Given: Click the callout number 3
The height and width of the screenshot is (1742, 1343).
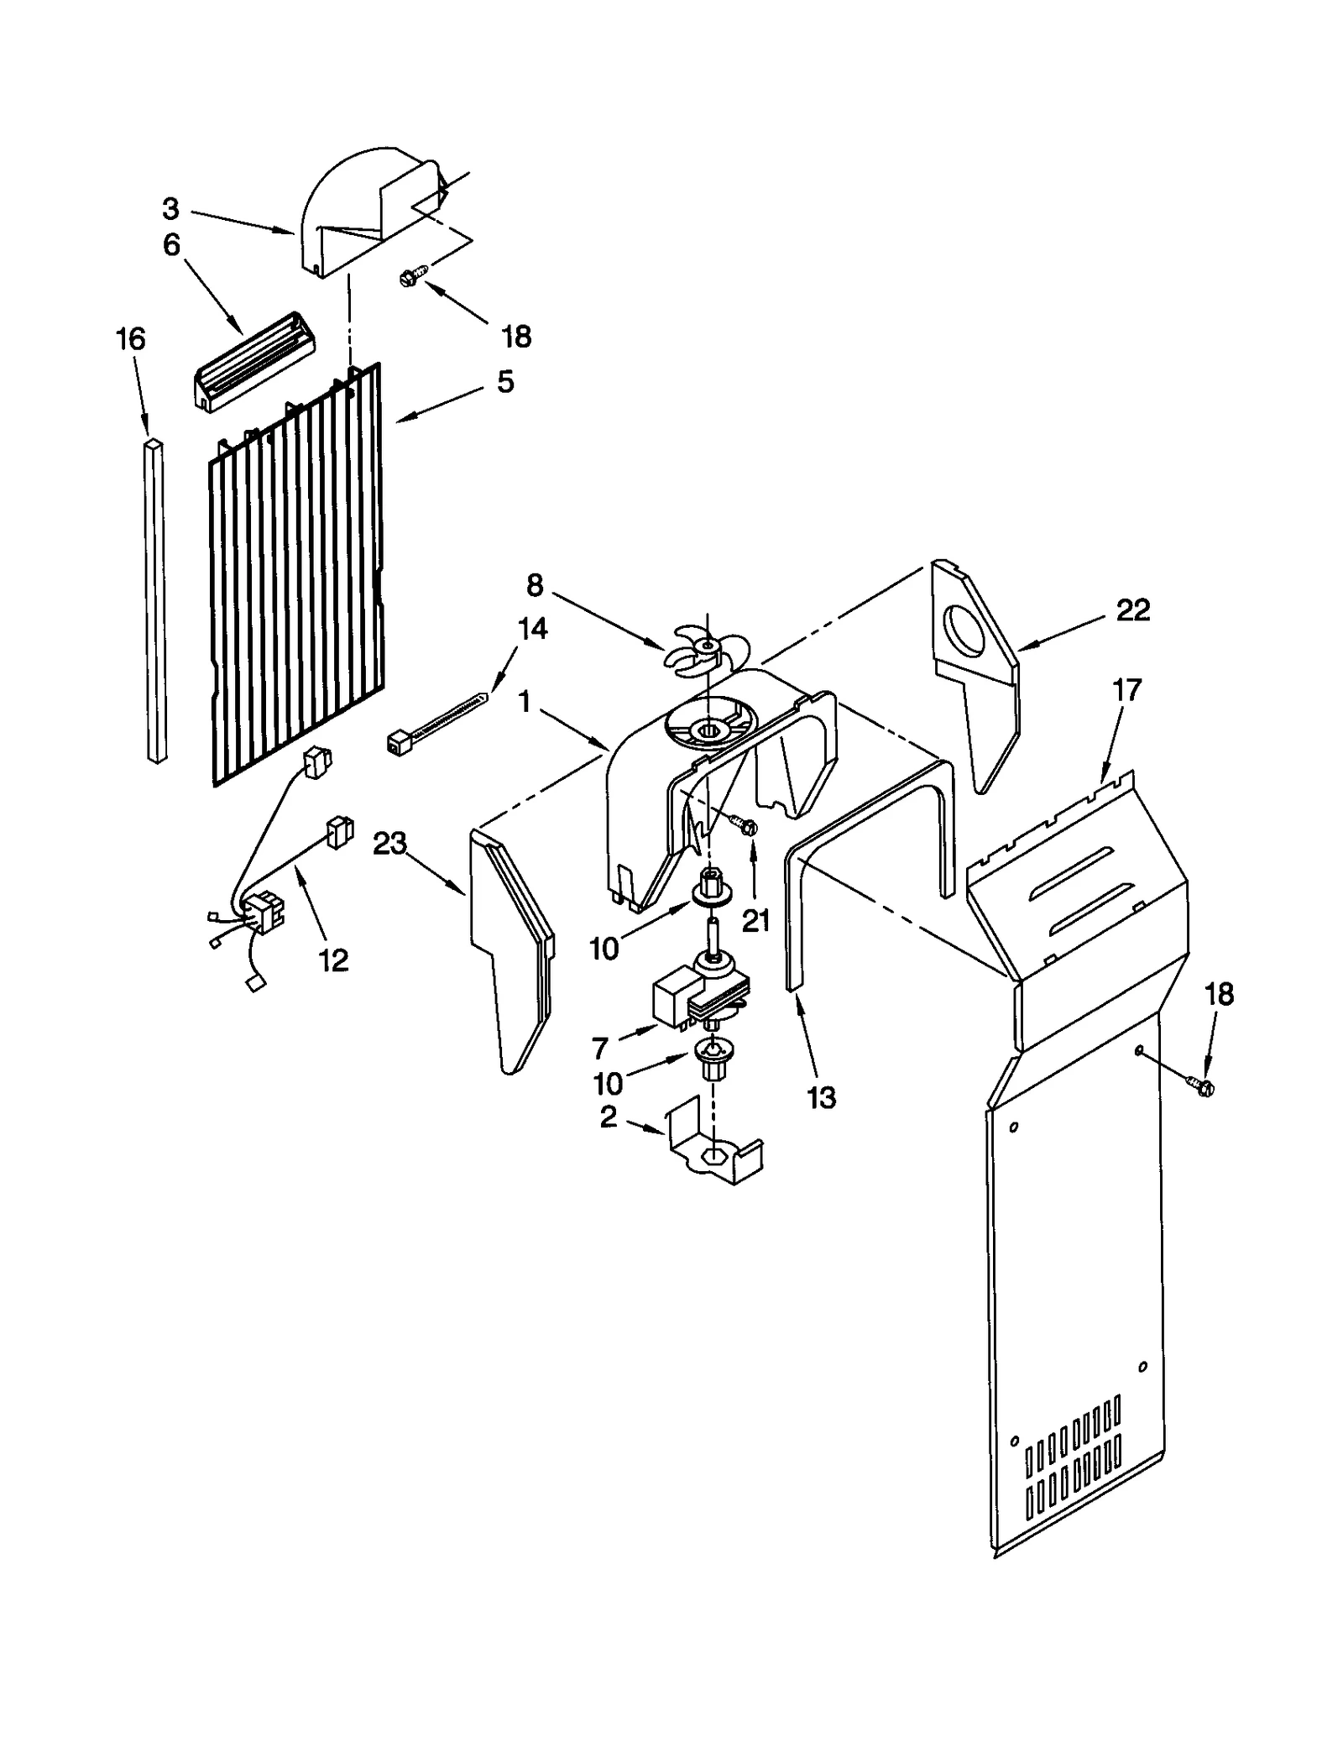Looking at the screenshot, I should click(x=170, y=208).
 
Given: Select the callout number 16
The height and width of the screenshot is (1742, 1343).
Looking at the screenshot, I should click(x=130, y=339).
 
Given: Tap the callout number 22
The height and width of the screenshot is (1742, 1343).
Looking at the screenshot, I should click(x=1132, y=610).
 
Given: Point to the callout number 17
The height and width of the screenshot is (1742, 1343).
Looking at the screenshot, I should click(x=1126, y=690).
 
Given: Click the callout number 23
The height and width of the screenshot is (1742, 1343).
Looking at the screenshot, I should click(x=389, y=843).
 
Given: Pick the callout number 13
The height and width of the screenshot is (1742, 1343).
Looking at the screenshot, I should click(x=821, y=1097).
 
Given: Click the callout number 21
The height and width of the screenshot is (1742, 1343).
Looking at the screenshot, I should click(x=755, y=921).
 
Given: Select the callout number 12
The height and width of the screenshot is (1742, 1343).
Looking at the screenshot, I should click(x=333, y=961).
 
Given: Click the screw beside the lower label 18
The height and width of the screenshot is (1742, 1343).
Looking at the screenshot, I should click(x=1201, y=1085).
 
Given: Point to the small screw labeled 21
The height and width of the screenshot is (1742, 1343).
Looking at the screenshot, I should click(x=745, y=827).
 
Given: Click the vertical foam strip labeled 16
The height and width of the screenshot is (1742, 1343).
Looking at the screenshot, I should click(x=154, y=600).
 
